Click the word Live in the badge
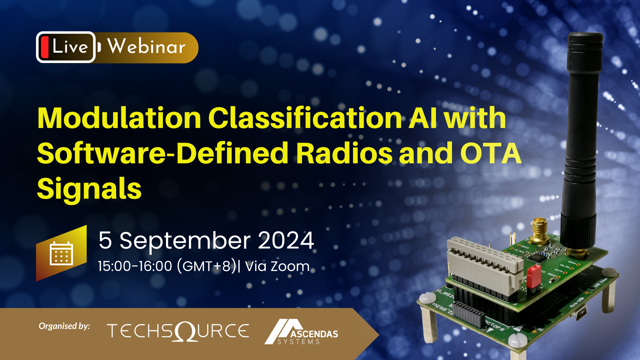click(70, 47)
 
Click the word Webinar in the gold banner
click(146, 47)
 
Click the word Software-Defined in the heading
click(162, 153)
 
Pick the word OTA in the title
click(491, 153)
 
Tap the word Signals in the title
click(89, 189)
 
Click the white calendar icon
click(61, 253)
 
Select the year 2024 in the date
click(286, 240)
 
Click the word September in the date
click(185, 240)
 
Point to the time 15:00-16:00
click(135, 266)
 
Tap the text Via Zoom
click(277, 266)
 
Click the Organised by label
click(64, 326)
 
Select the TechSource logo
click(178, 331)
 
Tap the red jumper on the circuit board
click(533, 276)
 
